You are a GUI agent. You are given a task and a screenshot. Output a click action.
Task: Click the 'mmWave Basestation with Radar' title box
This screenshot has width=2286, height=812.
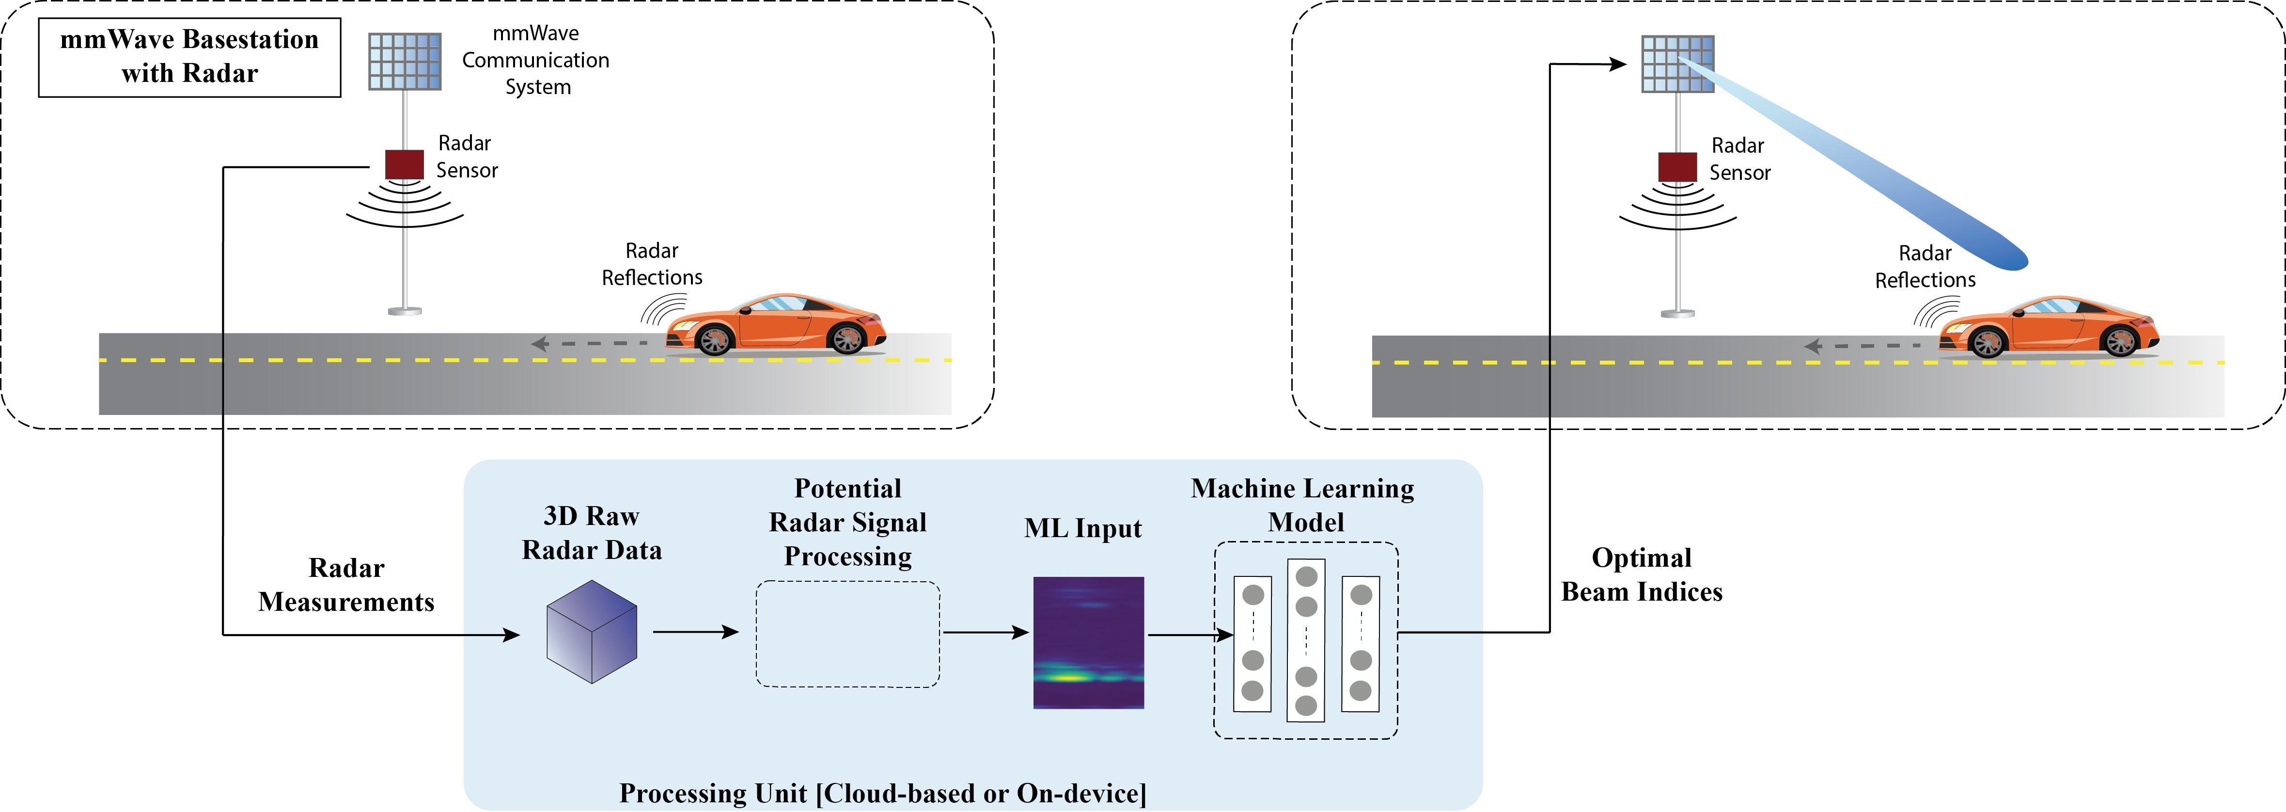189,57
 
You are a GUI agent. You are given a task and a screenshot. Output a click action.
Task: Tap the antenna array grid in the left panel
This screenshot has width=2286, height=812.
405,61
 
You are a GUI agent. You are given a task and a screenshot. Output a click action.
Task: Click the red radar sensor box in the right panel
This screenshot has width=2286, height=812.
1677,167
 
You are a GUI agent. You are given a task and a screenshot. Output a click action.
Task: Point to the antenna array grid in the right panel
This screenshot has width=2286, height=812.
1677,64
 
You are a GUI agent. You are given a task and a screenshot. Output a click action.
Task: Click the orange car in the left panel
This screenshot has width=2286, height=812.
777,324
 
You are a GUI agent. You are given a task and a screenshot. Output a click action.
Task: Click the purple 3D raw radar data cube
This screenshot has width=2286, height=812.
592,632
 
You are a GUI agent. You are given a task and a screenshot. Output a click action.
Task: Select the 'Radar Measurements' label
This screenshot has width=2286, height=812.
346,585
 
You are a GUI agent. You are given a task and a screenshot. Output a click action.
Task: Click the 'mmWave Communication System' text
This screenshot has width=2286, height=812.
536,60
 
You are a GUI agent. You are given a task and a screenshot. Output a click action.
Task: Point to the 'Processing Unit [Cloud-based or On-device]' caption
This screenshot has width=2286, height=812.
882,793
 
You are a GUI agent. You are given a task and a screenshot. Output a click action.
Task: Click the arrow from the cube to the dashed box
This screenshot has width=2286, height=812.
696,632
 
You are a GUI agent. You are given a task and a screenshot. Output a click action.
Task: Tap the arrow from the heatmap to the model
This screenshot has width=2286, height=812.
1189,635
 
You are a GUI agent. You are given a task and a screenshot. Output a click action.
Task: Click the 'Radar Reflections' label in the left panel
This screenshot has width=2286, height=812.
652,264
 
